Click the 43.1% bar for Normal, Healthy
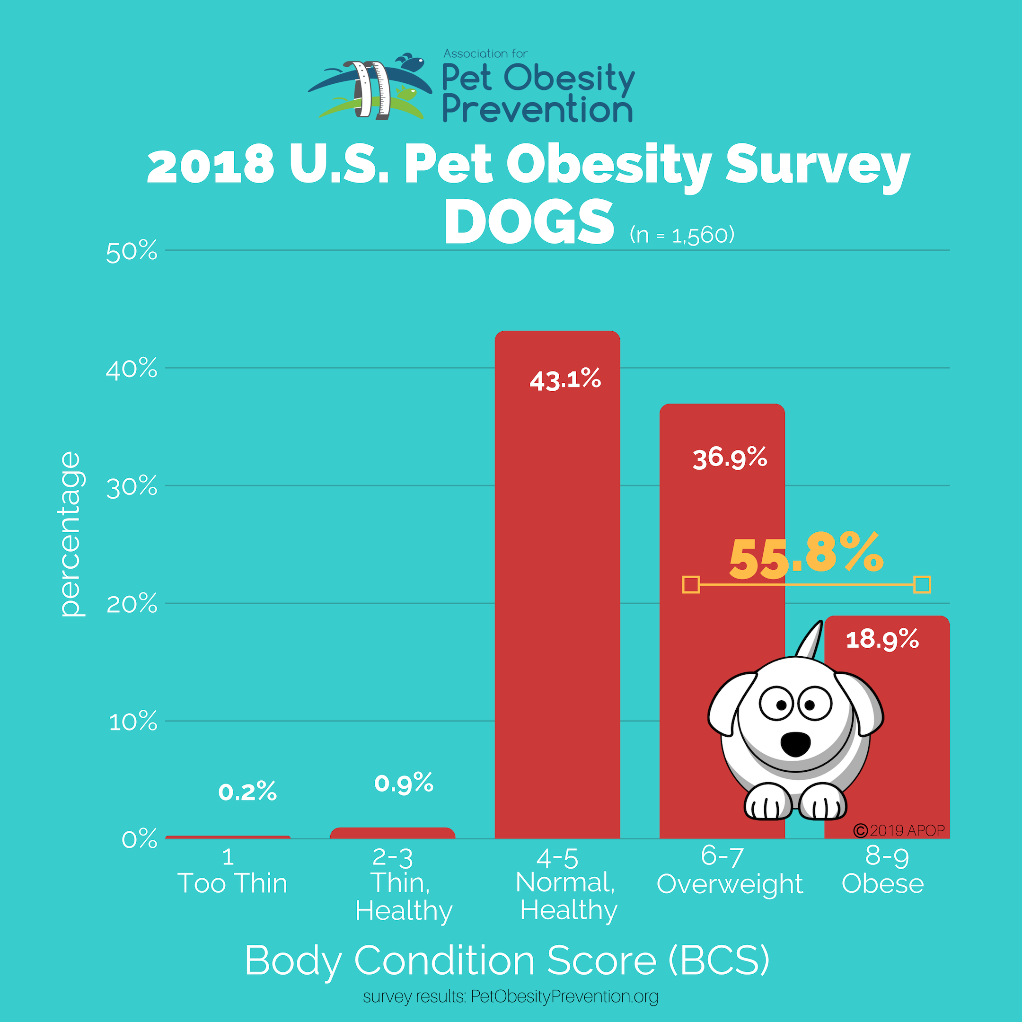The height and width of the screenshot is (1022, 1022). coord(557,582)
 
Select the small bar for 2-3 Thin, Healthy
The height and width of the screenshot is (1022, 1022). coord(393,833)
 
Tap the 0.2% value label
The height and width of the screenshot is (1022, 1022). coord(247,792)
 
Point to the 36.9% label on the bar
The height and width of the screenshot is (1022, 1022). coord(730,458)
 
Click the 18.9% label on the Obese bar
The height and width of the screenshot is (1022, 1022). coord(882,640)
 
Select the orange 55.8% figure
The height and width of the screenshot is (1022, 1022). coord(806,557)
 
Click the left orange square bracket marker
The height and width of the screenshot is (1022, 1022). coord(691,584)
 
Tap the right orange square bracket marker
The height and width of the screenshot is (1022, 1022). coord(922,584)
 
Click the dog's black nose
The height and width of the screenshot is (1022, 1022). coord(795,744)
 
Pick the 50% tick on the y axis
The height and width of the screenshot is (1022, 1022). coord(132,252)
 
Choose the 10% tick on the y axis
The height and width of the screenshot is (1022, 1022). coord(133,722)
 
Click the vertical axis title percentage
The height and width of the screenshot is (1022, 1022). coord(70,534)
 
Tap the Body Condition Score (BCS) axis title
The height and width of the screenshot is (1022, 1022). coord(507,960)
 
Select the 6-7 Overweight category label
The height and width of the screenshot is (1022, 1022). coord(730,871)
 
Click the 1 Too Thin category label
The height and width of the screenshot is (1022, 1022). coord(232,871)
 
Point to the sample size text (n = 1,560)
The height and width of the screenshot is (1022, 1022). coord(682,235)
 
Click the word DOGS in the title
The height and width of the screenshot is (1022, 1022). coord(529,222)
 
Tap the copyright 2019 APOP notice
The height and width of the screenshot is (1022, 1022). coord(899,830)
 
